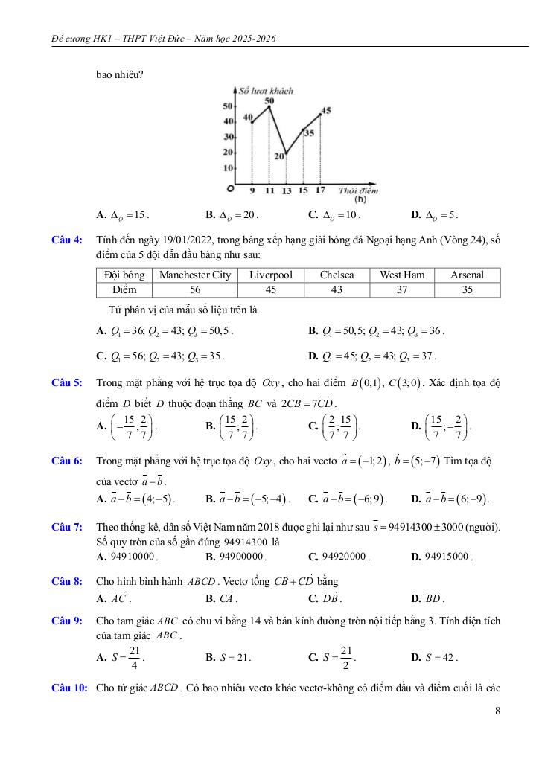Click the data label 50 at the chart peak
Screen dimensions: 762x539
[269, 100]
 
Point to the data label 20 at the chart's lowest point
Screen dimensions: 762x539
[278, 156]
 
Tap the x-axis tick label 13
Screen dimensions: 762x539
[287, 190]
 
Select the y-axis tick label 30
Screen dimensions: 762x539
[228, 137]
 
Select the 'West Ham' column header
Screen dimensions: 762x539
[402, 275]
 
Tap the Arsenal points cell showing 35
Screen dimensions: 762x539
[467, 289]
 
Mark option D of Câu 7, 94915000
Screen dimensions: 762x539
[442, 556]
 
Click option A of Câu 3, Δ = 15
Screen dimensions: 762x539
[123, 215]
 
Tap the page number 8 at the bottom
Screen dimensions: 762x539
[497, 711]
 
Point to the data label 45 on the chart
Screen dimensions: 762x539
[325, 112]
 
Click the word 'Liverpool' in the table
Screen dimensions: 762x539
[271, 275]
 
